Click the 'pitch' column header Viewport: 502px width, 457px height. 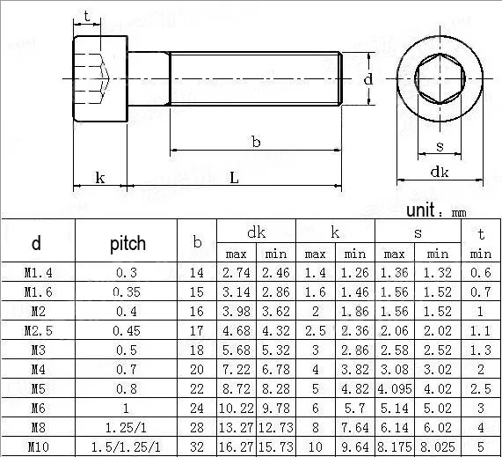pyautogui.click(x=127, y=243)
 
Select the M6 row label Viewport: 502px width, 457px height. pyautogui.click(x=38, y=408)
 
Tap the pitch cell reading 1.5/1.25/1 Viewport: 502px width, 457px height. pyautogui.click(x=126, y=446)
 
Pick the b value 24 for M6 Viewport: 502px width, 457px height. pyautogui.click(x=197, y=408)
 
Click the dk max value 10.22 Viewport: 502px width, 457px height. pyautogui.click(x=236, y=408)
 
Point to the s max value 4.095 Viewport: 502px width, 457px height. pyautogui.click(x=395, y=388)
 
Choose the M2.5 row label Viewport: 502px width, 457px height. pyautogui.click(x=38, y=331)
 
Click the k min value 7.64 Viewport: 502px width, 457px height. pyautogui.click(x=354, y=427)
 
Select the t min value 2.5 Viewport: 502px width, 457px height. pyautogui.click(x=481, y=388)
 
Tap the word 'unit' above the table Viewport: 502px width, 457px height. pyautogui.click(x=420, y=210)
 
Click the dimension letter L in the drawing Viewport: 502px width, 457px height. pyautogui.click(x=235, y=177)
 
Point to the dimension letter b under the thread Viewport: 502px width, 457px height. pyautogui.click(x=256, y=142)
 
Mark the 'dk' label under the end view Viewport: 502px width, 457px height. pyautogui.click(x=440, y=172)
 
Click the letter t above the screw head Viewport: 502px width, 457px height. pyautogui.click(x=87, y=16)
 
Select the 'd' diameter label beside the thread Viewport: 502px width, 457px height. pyautogui.click(x=368, y=78)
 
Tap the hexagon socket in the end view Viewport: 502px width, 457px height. pyautogui.click(x=440, y=78)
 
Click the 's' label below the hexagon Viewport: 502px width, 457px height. pyautogui.click(x=440, y=146)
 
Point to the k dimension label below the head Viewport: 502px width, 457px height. pyautogui.click(x=100, y=177)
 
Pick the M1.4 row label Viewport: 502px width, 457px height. pyautogui.click(x=38, y=273)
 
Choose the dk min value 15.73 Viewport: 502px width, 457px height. pyautogui.click(x=276, y=446)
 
